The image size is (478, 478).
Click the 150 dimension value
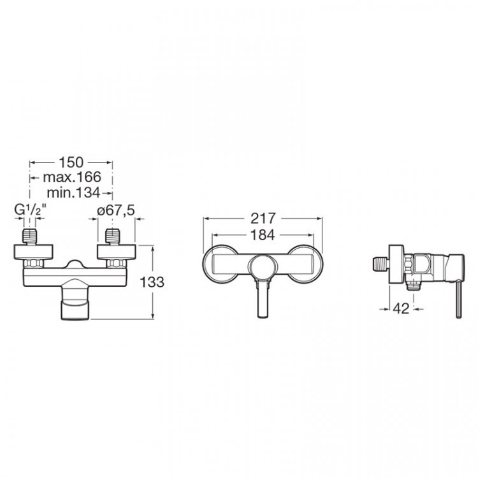point(71,162)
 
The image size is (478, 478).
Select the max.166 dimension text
point(72,177)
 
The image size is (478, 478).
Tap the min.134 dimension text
point(73,192)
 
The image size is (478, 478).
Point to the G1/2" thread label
point(31,210)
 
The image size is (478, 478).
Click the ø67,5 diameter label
point(116,210)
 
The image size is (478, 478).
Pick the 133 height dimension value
point(152,282)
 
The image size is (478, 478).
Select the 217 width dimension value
point(263,218)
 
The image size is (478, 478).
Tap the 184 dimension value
point(263,235)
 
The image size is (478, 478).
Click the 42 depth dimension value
point(401,309)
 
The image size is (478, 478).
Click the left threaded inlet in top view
point(30,236)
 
